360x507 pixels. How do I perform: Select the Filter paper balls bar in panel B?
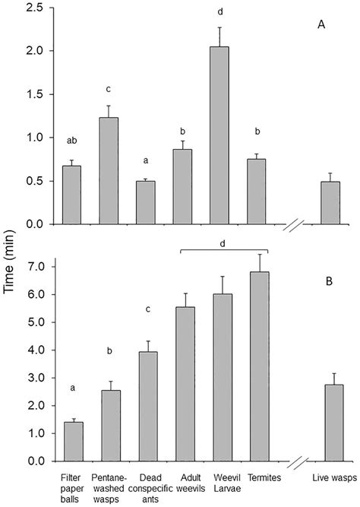click(x=74, y=442)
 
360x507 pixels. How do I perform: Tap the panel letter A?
click(x=322, y=25)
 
